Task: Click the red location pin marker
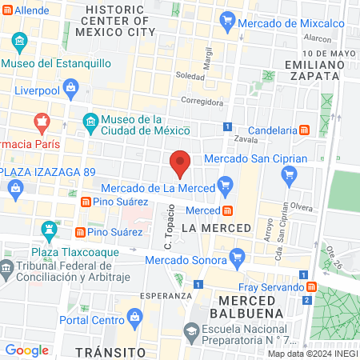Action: click(x=180, y=162)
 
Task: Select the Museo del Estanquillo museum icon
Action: click(x=18, y=42)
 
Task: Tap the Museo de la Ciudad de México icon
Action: click(x=90, y=122)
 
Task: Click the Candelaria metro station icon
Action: click(x=304, y=130)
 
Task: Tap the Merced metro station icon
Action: click(x=228, y=210)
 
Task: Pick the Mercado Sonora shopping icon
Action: click(x=236, y=258)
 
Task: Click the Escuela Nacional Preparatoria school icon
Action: click(x=191, y=330)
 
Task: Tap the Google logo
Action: click(x=26, y=350)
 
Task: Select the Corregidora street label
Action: click(x=202, y=102)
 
